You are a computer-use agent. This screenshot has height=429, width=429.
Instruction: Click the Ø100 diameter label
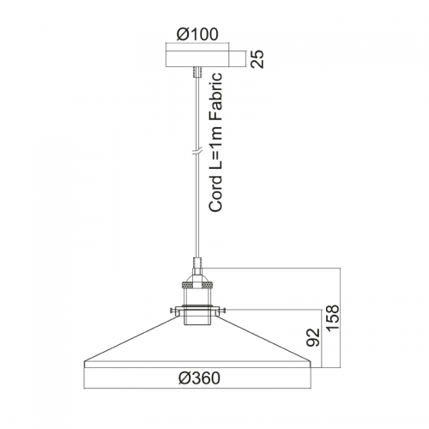[197, 34]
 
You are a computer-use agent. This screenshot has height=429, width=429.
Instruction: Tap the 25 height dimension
[257, 59]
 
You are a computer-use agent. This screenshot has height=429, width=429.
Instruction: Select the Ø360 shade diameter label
[199, 378]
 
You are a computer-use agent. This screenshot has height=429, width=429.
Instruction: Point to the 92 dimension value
[312, 337]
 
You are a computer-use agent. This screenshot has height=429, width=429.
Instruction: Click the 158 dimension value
[333, 318]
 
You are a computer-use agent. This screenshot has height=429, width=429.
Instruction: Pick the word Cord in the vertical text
[215, 194]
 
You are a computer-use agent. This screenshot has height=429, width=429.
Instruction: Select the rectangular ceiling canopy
[197, 59]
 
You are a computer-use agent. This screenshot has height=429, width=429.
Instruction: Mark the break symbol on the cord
[197, 152]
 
